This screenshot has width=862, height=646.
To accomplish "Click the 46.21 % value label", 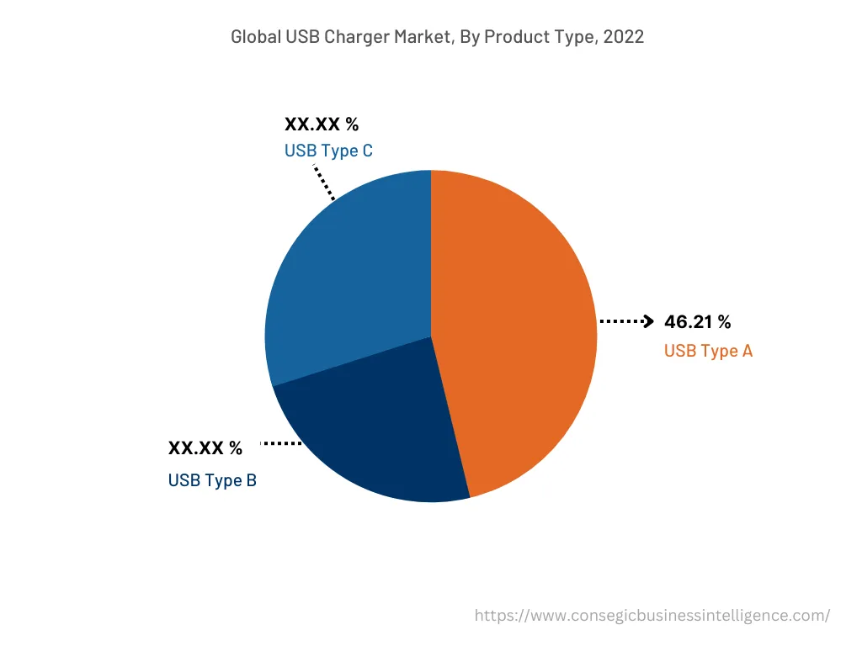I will tap(697, 321).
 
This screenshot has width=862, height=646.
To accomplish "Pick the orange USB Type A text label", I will tap(708, 351).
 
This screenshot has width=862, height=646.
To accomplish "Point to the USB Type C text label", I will tap(328, 151).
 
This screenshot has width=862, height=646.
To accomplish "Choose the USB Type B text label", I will tap(212, 480).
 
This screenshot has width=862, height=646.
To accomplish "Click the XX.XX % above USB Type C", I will tap(322, 124).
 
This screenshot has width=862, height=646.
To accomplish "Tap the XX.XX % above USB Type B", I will tap(205, 448).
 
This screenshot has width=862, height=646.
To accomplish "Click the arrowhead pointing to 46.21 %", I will tap(648, 320).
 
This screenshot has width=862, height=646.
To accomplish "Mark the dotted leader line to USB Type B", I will tap(282, 442).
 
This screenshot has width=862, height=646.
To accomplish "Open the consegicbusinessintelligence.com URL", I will tap(652, 616).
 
